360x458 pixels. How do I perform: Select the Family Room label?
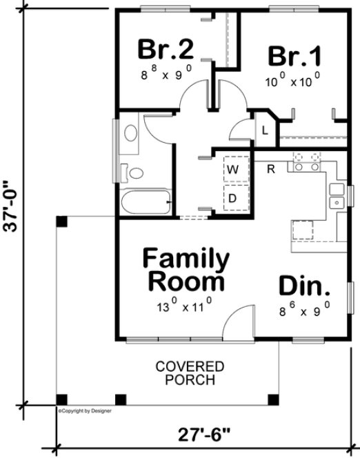186,270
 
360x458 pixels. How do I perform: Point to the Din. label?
304,286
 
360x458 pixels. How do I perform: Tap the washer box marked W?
233,168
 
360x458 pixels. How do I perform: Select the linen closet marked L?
264,129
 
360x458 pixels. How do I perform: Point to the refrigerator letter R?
272,168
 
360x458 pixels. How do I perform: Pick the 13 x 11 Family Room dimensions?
183,301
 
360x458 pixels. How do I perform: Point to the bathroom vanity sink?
129,133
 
